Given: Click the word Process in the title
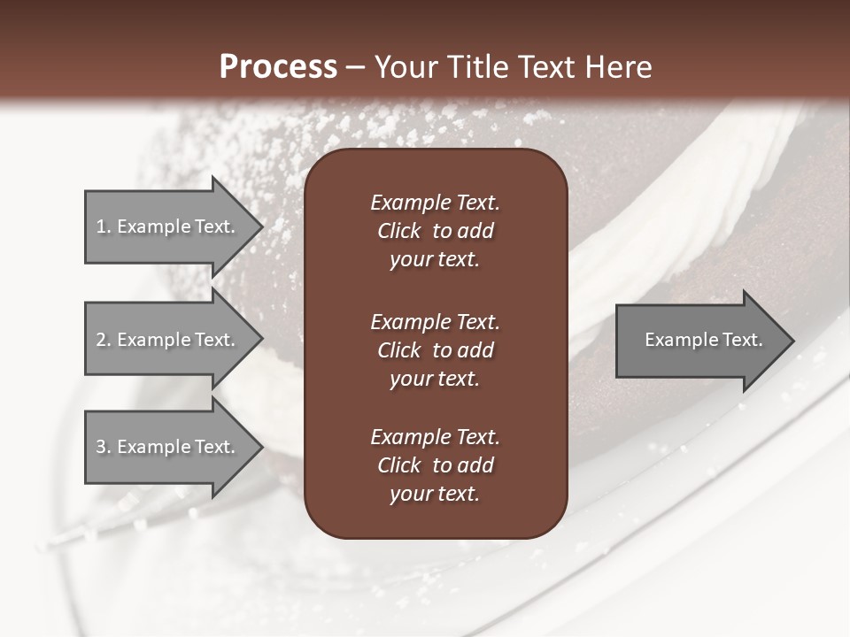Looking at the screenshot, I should coord(278,67).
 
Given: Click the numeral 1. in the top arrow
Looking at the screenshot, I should coord(103,226).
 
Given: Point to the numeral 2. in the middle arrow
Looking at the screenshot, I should coord(103,340).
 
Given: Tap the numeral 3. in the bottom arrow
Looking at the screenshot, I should coord(103,447).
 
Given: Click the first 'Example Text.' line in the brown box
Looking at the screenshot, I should coord(435,203).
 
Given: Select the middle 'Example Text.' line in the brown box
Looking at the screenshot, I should coord(435,321).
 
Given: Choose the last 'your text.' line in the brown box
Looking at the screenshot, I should coord(435,495).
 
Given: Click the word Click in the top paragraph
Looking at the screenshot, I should coord(399,231).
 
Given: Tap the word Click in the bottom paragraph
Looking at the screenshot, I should coord(399,465).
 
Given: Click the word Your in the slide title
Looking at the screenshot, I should coord(406,67).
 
